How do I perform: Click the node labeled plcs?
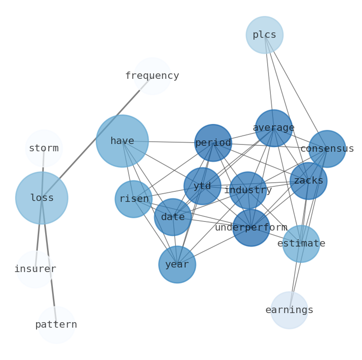pyautogui.click(x=264, y=35)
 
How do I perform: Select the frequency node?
pyautogui.click(x=152, y=76)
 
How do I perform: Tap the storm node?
pyautogui.click(x=44, y=149)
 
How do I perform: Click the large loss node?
pyautogui.click(x=42, y=198)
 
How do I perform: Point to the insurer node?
pyautogui.click(x=35, y=269)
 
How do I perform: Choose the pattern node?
pyautogui.click(x=56, y=325)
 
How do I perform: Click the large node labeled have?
pyautogui.click(x=122, y=141)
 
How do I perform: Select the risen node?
pyautogui.click(x=134, y=199)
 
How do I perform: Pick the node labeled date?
pyautogui.click(x=173, y=217)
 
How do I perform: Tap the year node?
pyautogui.click(x=177, y=265)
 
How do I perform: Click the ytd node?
pyautogui.click(x=202, y=186)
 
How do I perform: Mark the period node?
pyautogui.click(x=213, y=143)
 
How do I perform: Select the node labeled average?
pyautogui.click(x=274, y=128)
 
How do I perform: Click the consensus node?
pyautogui.click(x=327, y=149)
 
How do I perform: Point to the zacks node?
pyautogui.click(x=309, y=181)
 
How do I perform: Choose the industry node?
pyautogui.click(x=248, y=190)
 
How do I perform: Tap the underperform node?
pyautogui.click(x=251, y=228)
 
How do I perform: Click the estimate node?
pyautogui.click(x=301, y=244)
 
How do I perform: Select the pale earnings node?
pyautogui.click(x=290, y=310)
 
